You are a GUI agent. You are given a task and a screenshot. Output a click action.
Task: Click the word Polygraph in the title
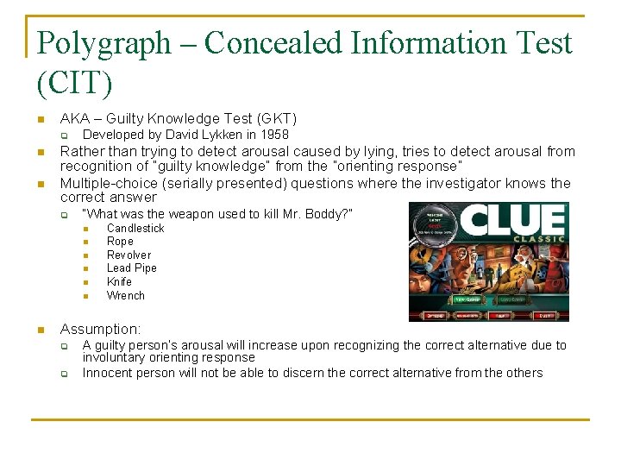click(104, 43)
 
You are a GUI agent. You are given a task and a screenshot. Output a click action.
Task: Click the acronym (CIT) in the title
click(75, 84)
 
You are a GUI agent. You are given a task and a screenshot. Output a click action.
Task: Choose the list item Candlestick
click(135, 228)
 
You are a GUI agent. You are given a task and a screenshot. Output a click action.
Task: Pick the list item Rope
click(120, 242)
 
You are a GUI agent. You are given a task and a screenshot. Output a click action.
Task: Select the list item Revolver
click(129, 255)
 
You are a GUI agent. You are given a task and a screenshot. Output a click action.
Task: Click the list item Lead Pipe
click(132, 268)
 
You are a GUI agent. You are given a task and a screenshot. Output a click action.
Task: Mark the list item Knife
click(119, 282)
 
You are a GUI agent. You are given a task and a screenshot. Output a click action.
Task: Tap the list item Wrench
click(126, 295)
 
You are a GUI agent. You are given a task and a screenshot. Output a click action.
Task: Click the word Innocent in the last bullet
click(107, 373)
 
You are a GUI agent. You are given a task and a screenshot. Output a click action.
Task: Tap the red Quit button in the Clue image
click(546, 316)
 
